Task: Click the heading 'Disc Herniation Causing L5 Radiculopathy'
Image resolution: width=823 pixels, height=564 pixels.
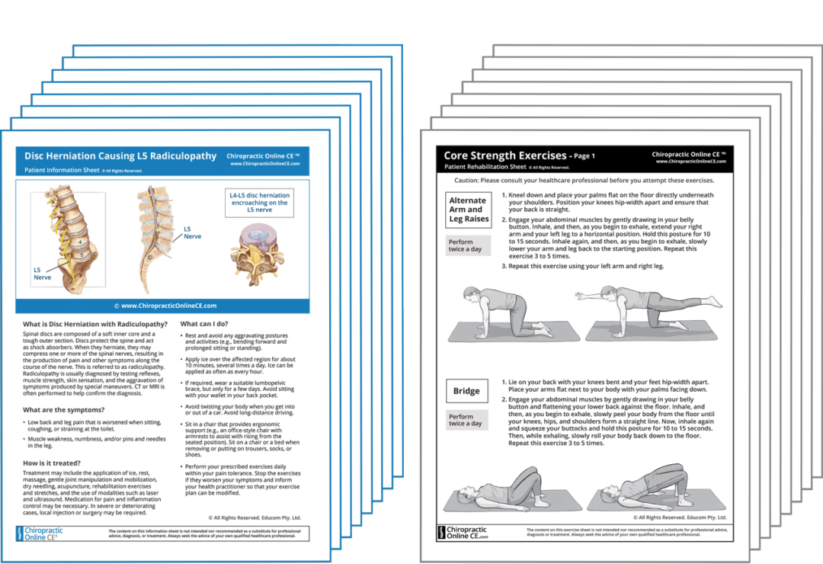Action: click(120, 156)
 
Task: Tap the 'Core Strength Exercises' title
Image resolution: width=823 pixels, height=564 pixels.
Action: click(505, 155)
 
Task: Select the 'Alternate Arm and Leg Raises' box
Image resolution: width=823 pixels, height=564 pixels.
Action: click(468, 210)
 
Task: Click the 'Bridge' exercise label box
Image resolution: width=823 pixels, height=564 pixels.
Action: click(466, 391)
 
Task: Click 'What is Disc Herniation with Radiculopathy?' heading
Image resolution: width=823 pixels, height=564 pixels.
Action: click(95, 324)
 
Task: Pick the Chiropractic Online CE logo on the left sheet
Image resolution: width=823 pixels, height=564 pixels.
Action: click(46, 533)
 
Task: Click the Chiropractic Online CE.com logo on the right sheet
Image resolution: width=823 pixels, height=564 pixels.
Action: click(466, 533)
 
